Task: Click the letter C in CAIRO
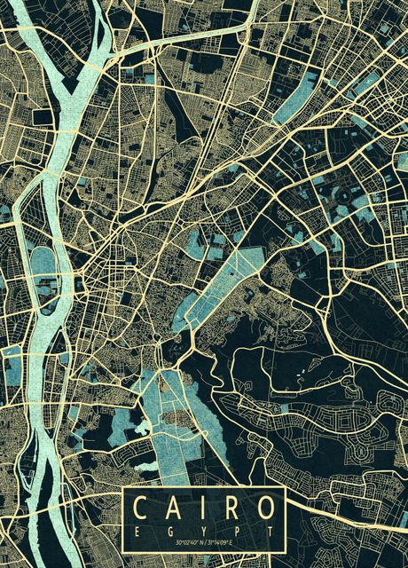[x=141, y=509]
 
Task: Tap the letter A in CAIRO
[x=173, y=509]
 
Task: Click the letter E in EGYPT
[x=137, y=530]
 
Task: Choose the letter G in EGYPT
[x=169, y=530]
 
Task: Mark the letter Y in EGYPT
[x=201, y=530]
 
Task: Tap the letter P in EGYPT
[x=233, y=530]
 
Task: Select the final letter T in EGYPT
[x=265, y=530]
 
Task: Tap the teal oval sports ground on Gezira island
[x=42, y=264]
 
